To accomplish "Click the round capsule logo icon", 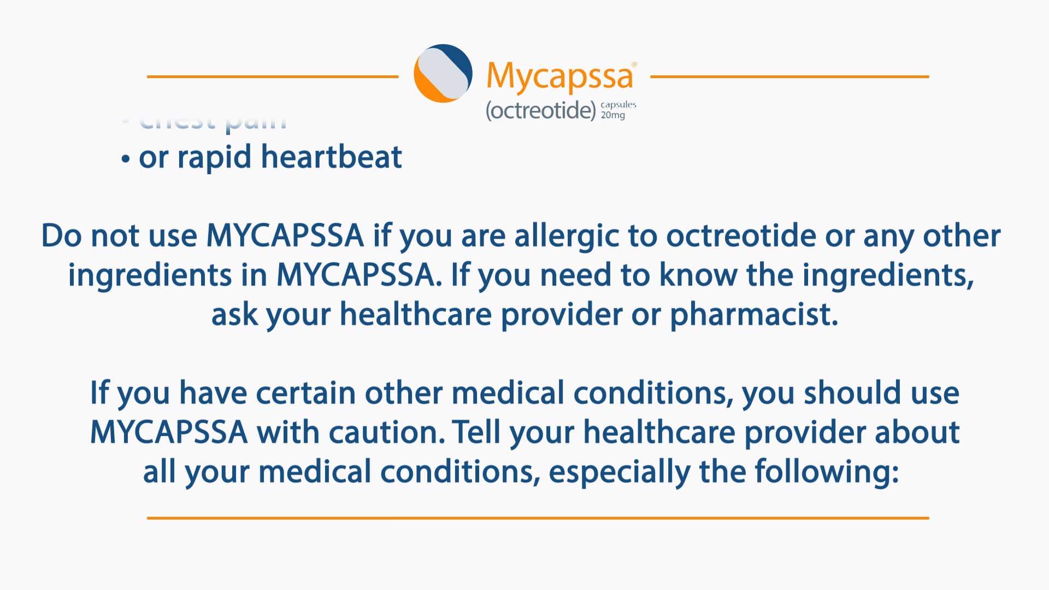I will click(x=443, y=73).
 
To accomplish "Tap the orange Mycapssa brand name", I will click(x=559, y=75).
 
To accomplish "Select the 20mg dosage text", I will click(x=612, y=115).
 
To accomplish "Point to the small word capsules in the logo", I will click(x=618, y=104).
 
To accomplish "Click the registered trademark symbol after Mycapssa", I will click(x=634, y=64).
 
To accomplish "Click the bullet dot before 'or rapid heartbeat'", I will click(x=126, y=160).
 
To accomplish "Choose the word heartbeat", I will click(x=331, y=157).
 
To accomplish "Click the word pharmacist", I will click(x=753, y=315).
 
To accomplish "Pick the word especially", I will click(x=619, y=472).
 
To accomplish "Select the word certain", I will click(x=305, y=393).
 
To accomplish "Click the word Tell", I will click(x=476, y=432).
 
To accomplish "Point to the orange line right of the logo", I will click(x=789, y=76).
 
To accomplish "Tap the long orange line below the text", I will click(x=538, y=517).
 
